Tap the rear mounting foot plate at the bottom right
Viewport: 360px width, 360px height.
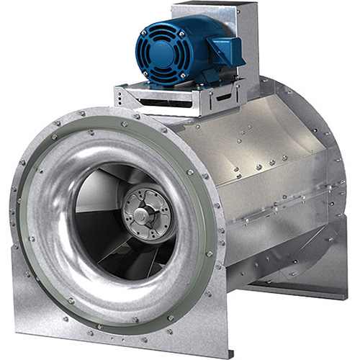point(302,288)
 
